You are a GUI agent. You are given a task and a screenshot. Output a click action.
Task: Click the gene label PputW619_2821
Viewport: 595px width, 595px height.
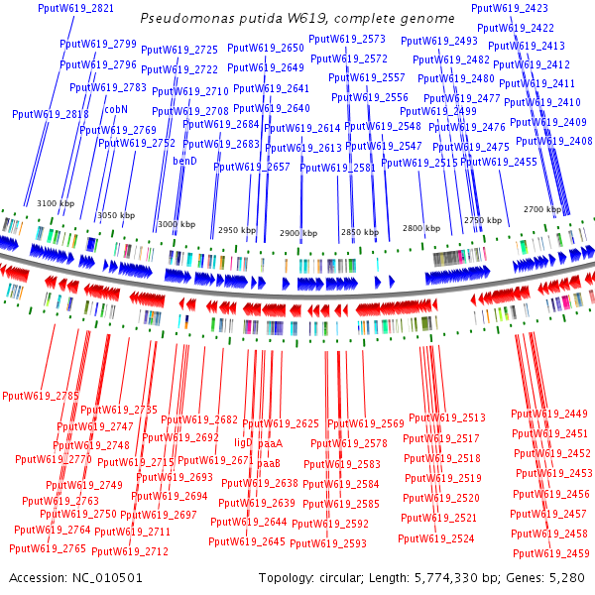tap(75, 8)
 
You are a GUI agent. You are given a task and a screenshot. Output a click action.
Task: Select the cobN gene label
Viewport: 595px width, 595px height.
tap(117, 109)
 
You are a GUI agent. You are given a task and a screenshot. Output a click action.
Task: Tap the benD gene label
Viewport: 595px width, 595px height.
tap(185, 160)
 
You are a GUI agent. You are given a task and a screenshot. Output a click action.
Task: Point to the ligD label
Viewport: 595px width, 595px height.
tap(243, 442)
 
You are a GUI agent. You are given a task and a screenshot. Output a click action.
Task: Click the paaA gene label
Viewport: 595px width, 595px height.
tap(271, 442)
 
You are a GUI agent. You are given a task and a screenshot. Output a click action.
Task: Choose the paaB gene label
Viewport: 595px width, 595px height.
tap(269, 463)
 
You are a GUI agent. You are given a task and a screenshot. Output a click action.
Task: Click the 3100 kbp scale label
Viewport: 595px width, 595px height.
tap(56, 203)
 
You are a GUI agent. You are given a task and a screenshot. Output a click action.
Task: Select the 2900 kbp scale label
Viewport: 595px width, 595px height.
tap(297, 232)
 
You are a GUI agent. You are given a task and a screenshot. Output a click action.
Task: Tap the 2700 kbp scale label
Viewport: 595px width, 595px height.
tap(541, 210)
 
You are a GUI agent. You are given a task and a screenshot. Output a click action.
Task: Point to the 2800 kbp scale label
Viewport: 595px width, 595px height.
tap(420, 228)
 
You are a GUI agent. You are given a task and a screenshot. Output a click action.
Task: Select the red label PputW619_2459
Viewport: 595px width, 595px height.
tap(550, 553)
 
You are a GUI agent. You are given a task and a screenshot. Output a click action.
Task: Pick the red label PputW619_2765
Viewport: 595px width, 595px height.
tap(48, 548)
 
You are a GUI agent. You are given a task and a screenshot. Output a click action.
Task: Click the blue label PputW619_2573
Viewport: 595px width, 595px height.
tap(347, 39)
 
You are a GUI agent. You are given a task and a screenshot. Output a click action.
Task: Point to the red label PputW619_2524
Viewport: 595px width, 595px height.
tap(435, 538)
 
